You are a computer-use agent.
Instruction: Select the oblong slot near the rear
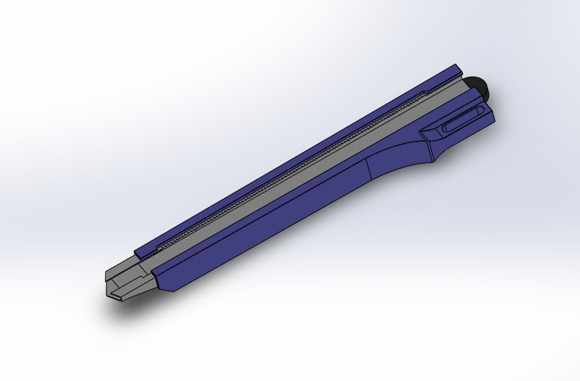point(463,119)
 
